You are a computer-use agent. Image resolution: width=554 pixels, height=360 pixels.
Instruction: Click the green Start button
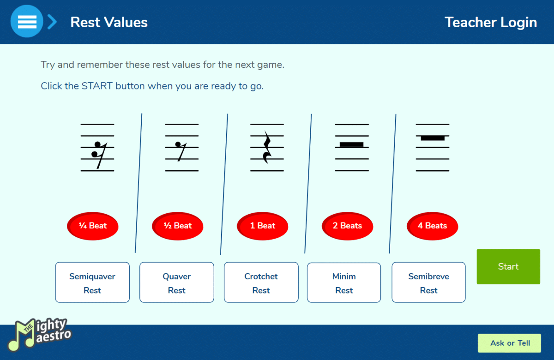(x=508, y=267)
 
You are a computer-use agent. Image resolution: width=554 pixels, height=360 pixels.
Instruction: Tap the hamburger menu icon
(x=27, y=22)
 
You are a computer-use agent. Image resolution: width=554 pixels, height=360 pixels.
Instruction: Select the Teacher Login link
(x=491, y=22)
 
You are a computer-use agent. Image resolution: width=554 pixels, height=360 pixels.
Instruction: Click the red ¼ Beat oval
(x=93, y=226)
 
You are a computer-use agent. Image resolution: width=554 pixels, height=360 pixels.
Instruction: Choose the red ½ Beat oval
(x=178, y=226)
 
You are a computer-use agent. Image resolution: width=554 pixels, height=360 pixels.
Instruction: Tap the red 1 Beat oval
(x=262, y=226)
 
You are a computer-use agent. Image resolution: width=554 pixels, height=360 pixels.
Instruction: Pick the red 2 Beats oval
(x=348, y=226)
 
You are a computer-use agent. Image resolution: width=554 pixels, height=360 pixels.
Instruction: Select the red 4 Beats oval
(x=432, y=226)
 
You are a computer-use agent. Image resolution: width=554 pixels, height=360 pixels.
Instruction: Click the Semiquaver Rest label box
(x=92, y=282)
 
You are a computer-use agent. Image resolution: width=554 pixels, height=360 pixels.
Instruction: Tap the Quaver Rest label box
(x=177, y=282)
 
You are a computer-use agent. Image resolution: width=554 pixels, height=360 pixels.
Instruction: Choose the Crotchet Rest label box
(x=261, y=282)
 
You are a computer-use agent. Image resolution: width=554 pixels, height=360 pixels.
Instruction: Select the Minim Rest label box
(x=344, y=282)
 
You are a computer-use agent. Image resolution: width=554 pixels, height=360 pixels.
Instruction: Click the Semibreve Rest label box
(x=428, y=282)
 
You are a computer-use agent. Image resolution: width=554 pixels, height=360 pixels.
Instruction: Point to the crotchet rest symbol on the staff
(x=267, y=147)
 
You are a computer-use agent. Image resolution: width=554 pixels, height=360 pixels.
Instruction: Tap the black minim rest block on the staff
(x=351, y=144)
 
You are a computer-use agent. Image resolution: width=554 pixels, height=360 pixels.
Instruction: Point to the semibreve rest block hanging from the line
(x=433, y=138)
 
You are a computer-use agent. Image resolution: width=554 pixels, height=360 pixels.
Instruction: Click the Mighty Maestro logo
(x=39, y=334)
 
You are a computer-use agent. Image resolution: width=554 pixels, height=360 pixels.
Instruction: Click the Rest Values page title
(x=109, y=22)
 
